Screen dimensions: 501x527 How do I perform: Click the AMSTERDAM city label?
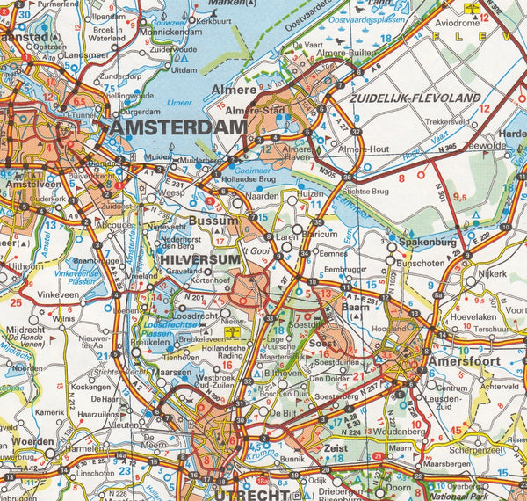coord(178,128)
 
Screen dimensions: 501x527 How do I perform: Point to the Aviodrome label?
coord(484,22)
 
